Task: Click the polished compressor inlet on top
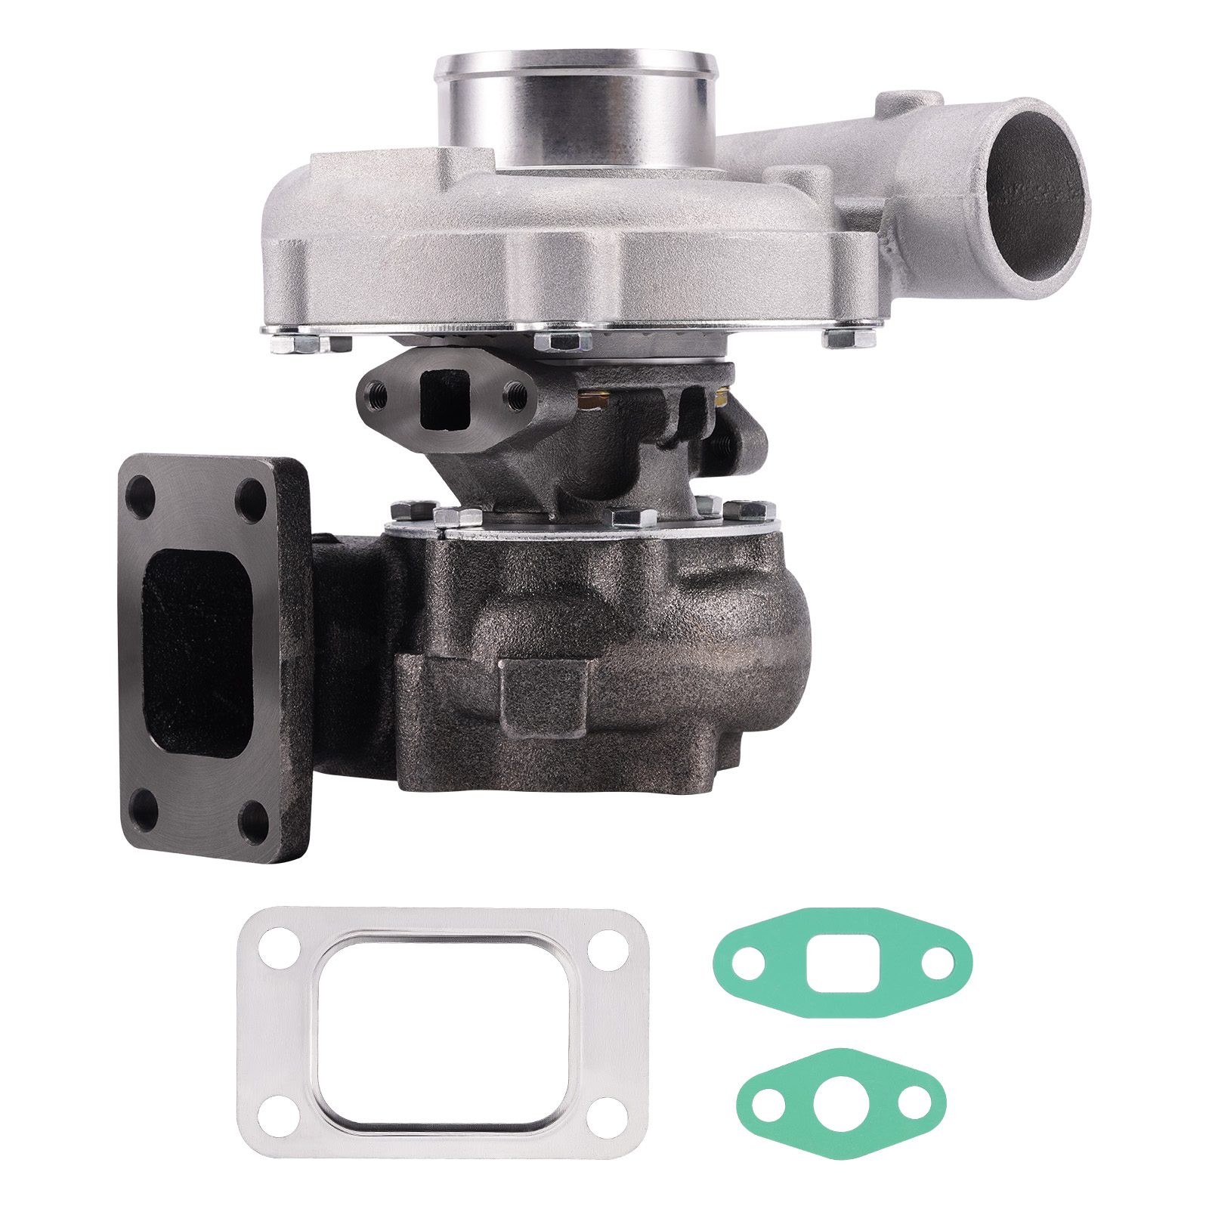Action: tap(576, 106)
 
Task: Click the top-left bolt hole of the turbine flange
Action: tap(141, 497)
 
